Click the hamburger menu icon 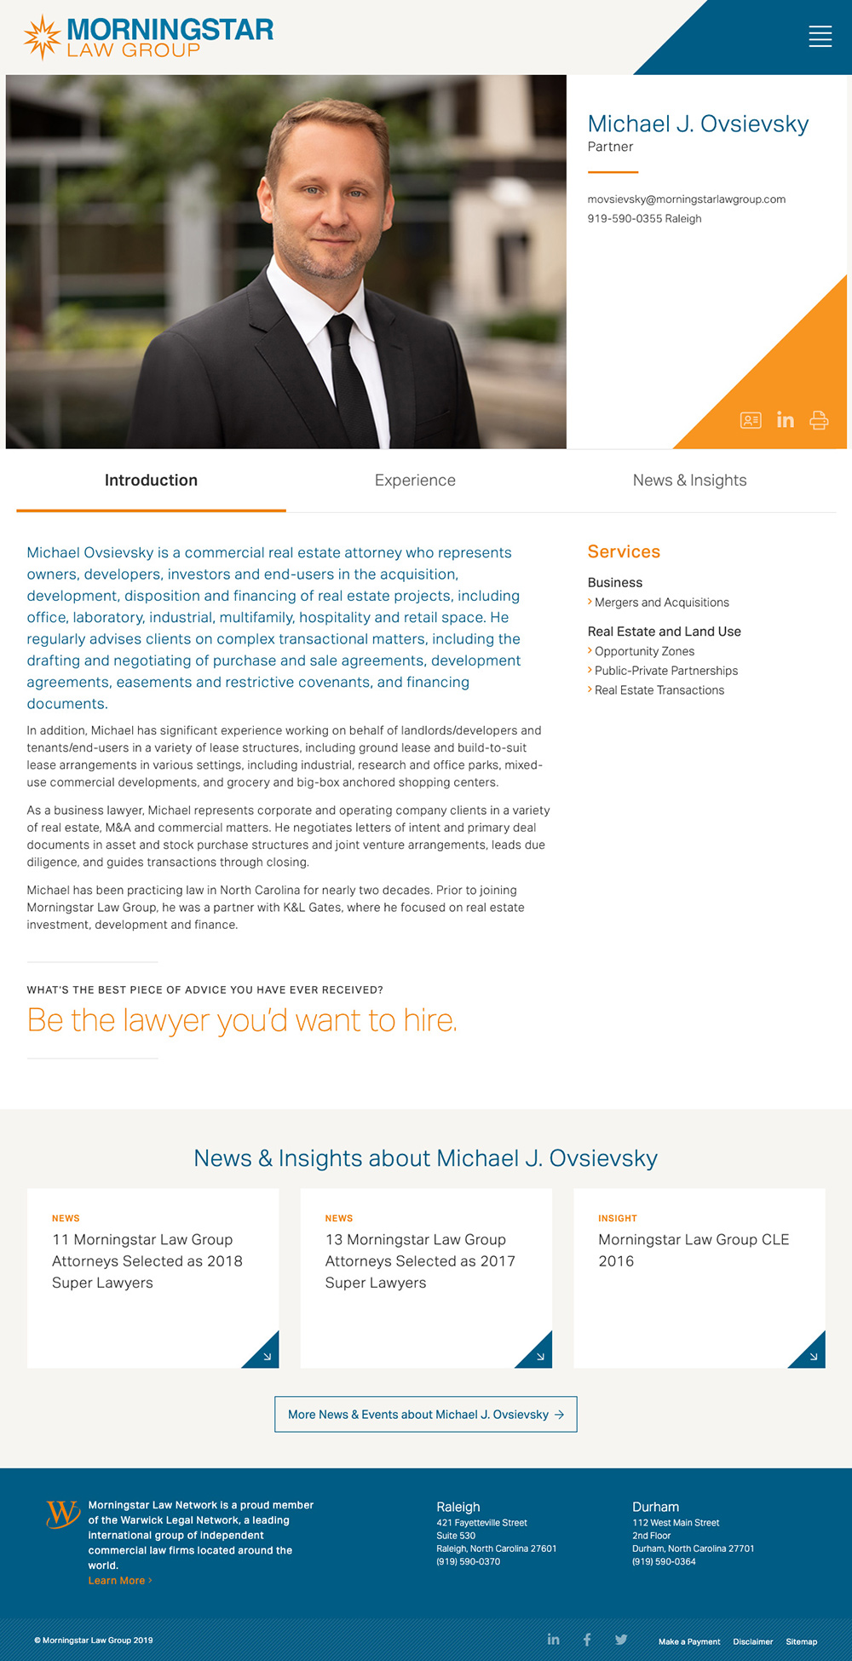coord(820,36)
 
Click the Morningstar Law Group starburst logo coord(42,37)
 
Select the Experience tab coord(415,481)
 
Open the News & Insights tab coord(689,481)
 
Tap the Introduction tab coord(151,481)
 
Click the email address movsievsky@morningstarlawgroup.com coord(686,199)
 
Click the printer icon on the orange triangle coord(819,420)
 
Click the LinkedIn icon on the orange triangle coord(785,420)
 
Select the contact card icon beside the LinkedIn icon coord(751,420)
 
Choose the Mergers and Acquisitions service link coord(661,603)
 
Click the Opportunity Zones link coord(644,652)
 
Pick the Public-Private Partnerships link coord(665,672)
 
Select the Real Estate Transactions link coord(659,691)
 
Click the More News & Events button coord(425,1415)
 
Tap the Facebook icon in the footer coord(587,1640)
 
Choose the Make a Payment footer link coord(688,1642)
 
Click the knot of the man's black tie coord(340,328)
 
